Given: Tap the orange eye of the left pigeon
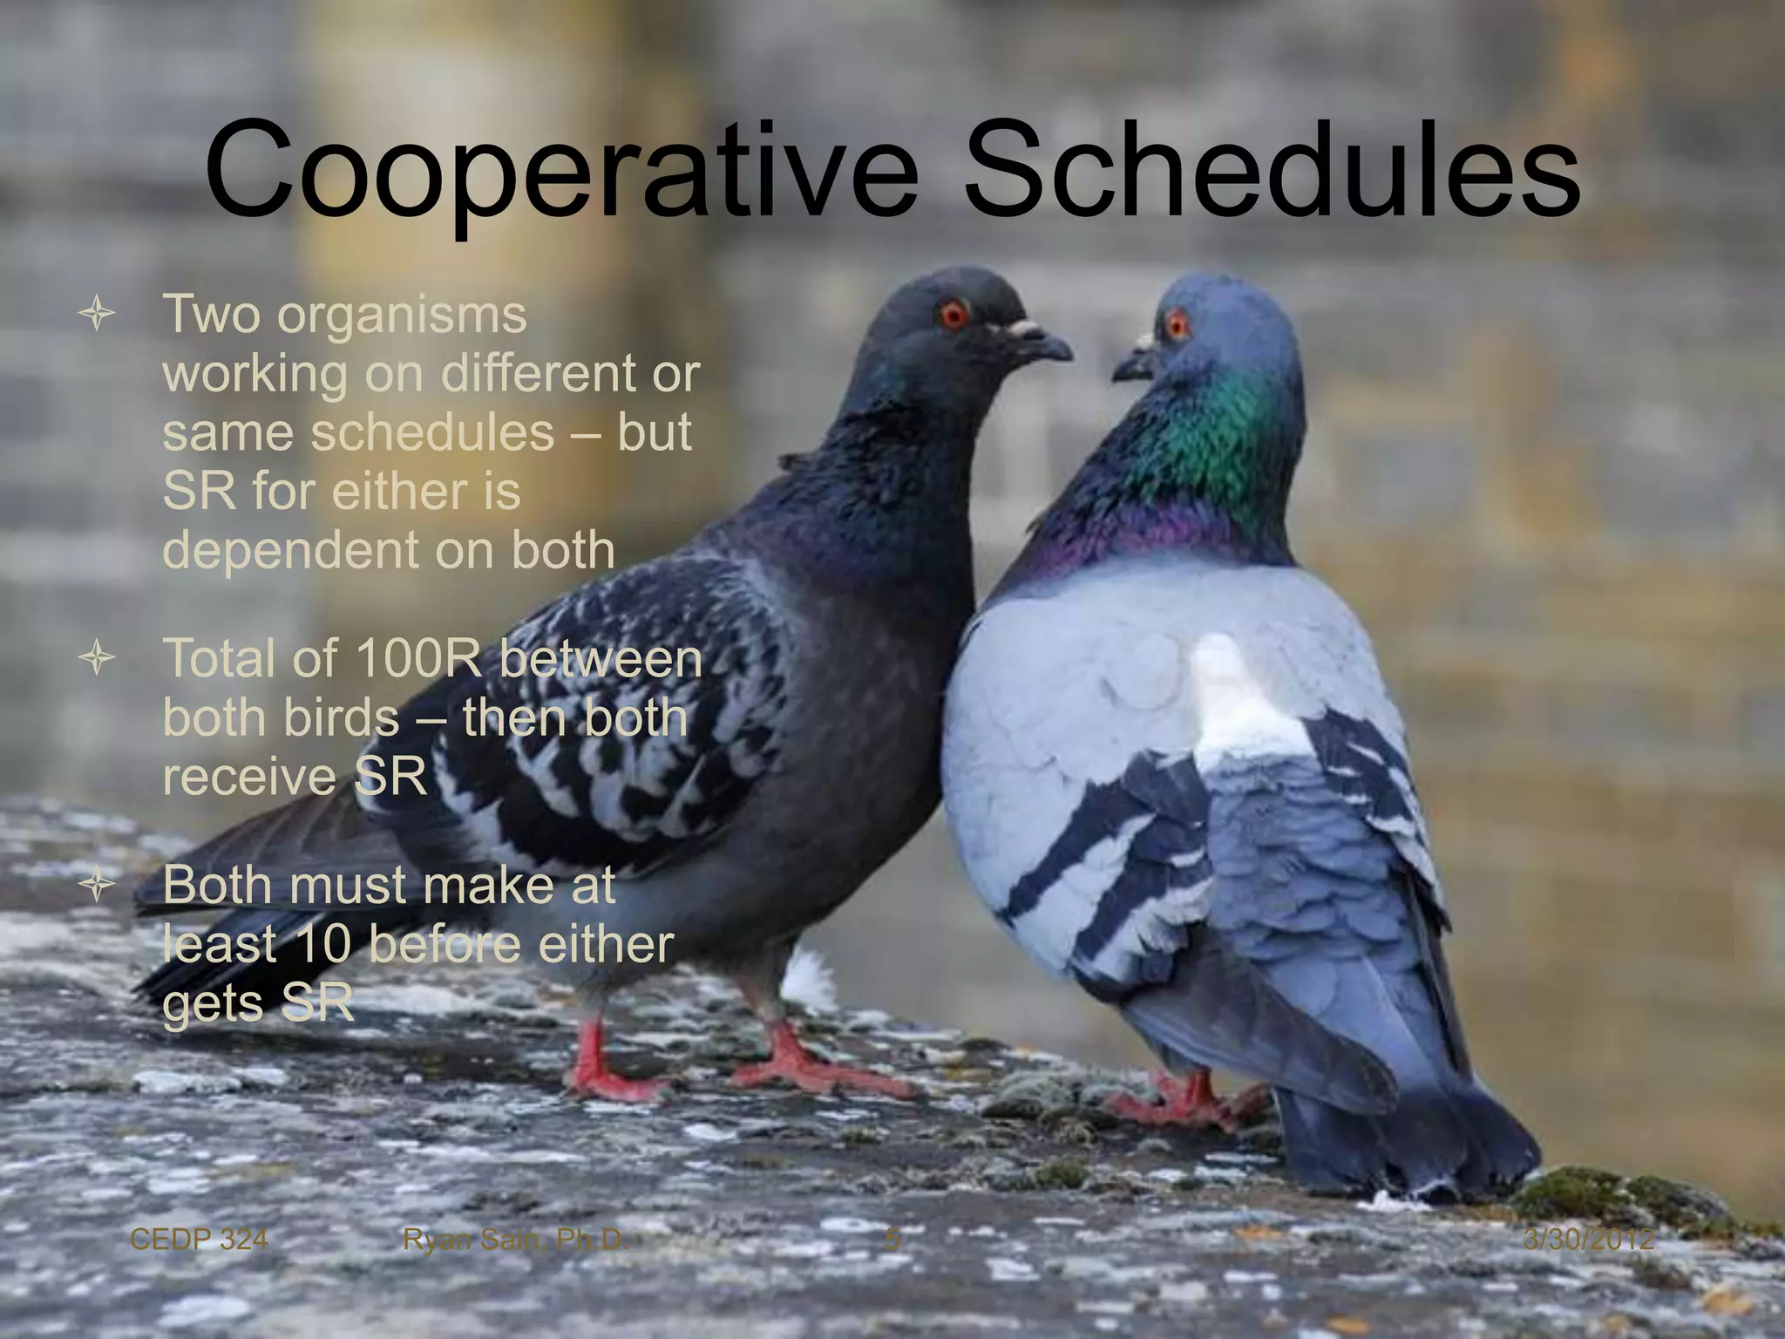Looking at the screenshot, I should point(954,313).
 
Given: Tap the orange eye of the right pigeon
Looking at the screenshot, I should point(1177,326).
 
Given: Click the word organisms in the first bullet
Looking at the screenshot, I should point(402,315).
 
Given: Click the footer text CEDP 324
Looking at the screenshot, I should point(198,1239).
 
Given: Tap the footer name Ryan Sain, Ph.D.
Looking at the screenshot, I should point(515,1239).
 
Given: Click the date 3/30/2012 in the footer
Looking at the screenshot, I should point(1588,1239).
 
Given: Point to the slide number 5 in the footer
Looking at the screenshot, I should point(892,1239).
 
